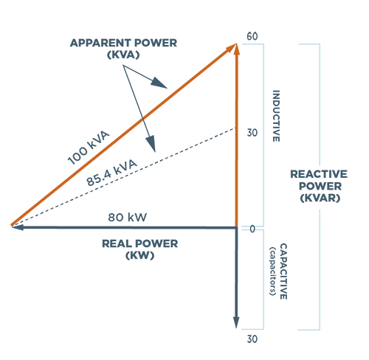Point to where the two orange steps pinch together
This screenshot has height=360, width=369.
point(143,118)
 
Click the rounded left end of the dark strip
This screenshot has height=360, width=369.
point(81,177)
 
